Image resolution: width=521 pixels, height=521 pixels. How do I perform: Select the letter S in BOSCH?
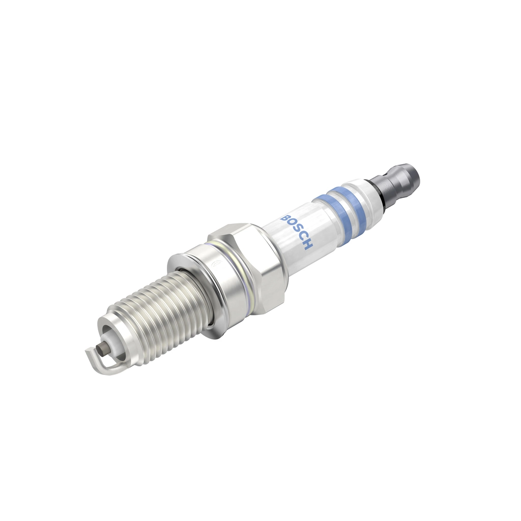pyautogui.click(x=296, y=232)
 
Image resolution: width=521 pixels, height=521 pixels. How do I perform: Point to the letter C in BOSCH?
pyautogui.click(x=302, y=238)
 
